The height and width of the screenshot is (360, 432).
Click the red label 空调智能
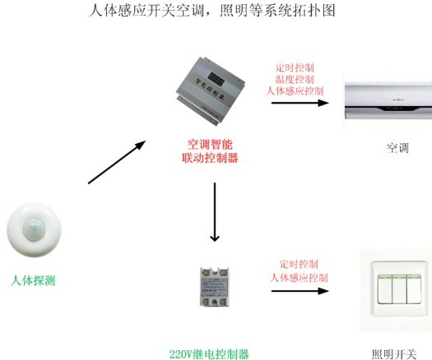click(210, 143)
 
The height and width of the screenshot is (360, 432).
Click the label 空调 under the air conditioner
click(397, 148)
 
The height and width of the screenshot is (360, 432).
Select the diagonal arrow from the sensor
click(116, 162)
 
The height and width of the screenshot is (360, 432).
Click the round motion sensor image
click(35, 231)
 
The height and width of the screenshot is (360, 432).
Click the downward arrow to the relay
click(215, 211)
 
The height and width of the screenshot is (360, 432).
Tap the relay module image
click(215, 286)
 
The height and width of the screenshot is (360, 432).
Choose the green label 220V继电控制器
click(214, 353)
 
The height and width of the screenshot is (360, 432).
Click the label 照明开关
click(394, 353)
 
